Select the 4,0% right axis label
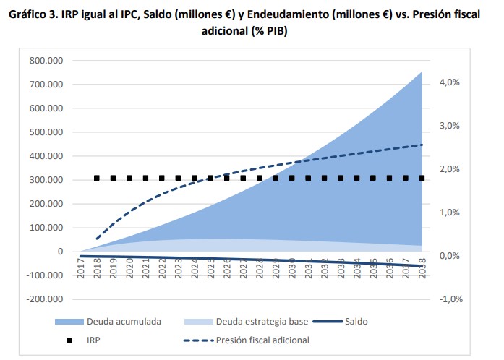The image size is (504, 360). click(x=450, y=82)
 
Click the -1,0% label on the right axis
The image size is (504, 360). click(x=449, y=299)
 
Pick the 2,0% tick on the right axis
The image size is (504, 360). click(x=450, y=169)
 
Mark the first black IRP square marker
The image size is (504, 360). click(x=98, y=178)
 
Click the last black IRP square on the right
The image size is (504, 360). click(x=421, y=178)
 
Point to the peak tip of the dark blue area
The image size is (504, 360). click(x=422, y=72)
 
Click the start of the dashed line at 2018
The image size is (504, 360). click(x=98, y=238)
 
